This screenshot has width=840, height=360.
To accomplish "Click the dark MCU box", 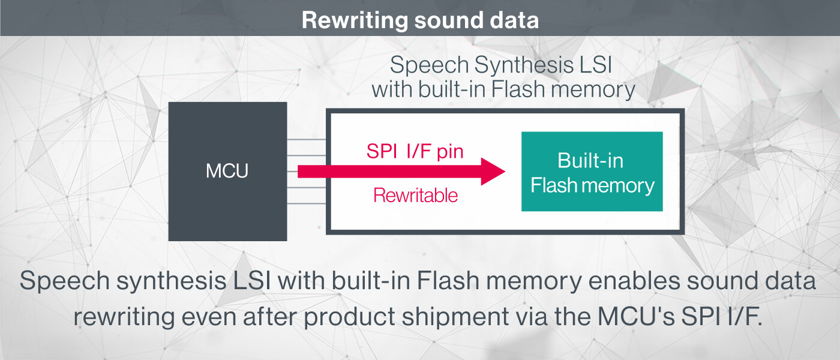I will [227, 172].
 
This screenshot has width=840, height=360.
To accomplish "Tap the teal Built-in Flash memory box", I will [592, 172].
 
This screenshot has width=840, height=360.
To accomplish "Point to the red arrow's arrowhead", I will [493, 172].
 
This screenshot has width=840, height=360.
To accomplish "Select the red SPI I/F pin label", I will [415, 151].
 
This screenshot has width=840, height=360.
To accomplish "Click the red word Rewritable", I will [415, 195].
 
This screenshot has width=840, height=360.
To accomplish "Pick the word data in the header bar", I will [512, 20].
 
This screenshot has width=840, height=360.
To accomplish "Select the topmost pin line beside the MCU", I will [306, 140].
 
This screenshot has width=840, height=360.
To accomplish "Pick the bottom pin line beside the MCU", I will [306, 204].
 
